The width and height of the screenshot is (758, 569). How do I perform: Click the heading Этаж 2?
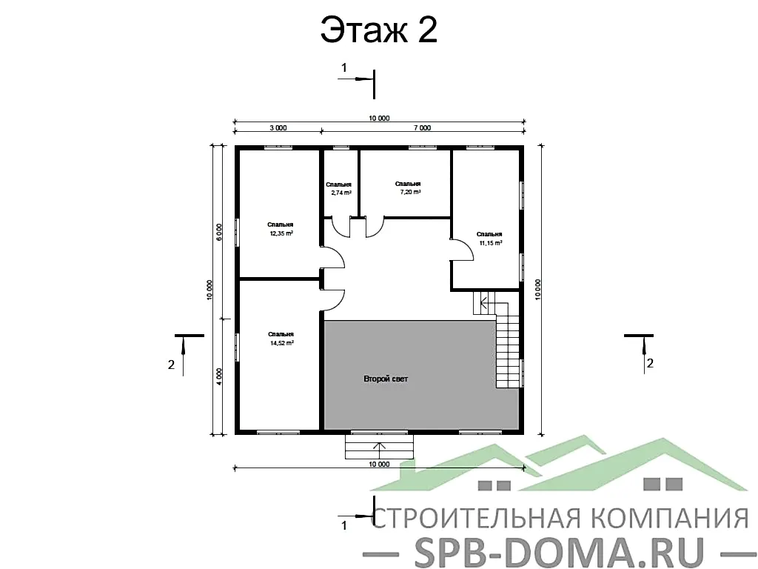378,31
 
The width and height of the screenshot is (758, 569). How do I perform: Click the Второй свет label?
385,379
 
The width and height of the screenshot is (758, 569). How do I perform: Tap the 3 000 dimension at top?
278,128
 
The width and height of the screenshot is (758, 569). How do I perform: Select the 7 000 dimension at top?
422,128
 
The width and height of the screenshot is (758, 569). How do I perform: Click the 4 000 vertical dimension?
219,375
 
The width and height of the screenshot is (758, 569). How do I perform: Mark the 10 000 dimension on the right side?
538,290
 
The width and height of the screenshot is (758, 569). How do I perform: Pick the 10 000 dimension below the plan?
378,465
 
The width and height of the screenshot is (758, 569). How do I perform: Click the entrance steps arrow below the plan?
379,447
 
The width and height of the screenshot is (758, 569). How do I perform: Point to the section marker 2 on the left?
172,364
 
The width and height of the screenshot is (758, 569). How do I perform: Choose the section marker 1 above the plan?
343,67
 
